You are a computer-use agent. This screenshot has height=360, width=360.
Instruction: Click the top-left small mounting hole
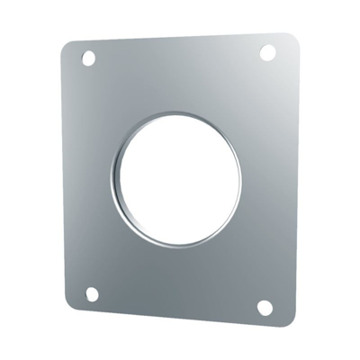88,58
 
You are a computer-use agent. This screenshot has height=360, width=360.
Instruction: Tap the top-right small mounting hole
267,52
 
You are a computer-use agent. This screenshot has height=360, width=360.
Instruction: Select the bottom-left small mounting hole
91,293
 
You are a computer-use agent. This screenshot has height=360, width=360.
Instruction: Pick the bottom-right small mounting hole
265,308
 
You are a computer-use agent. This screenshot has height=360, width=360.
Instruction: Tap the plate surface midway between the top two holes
177,55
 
